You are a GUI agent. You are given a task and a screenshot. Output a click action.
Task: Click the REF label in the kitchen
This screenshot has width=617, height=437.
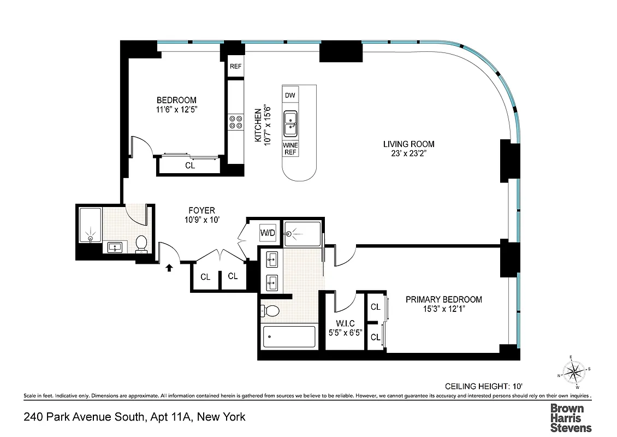(235, 67)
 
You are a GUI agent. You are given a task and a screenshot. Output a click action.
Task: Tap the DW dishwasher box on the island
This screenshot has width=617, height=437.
(290, 96)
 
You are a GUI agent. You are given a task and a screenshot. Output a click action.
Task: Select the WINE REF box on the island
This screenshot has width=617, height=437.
(290, 149)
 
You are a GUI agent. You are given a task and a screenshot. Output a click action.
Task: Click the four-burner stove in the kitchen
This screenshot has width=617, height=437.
(236, 121)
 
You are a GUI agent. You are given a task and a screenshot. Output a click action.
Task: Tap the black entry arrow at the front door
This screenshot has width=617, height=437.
(169, 267)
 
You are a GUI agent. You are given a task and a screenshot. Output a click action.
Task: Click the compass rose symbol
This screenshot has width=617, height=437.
(573, 373)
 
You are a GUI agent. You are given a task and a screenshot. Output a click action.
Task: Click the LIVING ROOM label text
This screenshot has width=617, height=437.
(408, 144)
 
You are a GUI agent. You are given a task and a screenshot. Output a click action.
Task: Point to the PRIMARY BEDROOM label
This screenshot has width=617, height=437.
(443, 299)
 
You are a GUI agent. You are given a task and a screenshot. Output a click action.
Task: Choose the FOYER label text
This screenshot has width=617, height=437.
(201, 210)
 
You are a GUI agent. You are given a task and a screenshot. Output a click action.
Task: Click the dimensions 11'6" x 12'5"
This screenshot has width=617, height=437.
(176, 109)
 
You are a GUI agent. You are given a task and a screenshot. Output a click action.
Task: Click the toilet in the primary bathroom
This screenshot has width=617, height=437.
(271, 311)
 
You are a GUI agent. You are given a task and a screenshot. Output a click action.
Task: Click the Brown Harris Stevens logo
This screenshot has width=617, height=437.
(570, 418)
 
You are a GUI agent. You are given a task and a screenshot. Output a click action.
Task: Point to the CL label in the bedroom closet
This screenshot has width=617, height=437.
(190, 166)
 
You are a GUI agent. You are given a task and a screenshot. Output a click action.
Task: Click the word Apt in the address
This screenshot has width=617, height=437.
(159, 417)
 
